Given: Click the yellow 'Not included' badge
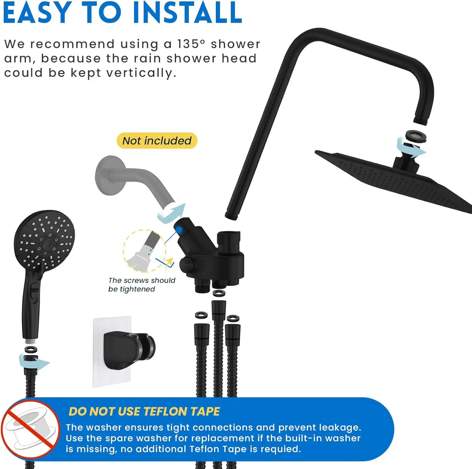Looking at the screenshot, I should (x=157, y=141).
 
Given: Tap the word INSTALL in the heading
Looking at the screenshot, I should (x=188, y=13).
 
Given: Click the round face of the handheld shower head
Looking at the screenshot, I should (x=44, y=240).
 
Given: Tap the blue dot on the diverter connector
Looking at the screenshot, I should (x=179, y=230).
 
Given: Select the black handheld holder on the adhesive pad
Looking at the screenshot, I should (x=129, y=349).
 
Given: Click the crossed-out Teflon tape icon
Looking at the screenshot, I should (x=31, y=429).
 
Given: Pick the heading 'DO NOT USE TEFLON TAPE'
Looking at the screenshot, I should (x=144, y=412).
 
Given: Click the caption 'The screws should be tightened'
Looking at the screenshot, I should (x=141, y=285).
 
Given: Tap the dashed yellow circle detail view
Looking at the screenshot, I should (x=144, y=251).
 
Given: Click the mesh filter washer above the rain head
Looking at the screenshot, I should (x=416, y=136).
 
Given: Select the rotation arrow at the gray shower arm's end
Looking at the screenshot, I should (x=172, y=213).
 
